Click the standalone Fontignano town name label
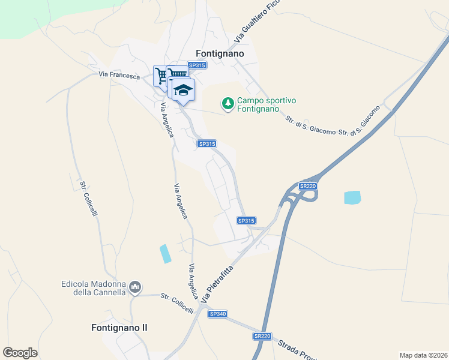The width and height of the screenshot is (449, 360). tap(220, 53)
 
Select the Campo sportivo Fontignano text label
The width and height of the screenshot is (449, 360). tap(259, 104)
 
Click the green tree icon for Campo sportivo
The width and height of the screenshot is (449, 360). tap(228, 104)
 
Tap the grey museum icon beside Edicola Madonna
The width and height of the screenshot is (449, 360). tap(135, 288)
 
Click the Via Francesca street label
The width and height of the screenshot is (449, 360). tap(119, 76)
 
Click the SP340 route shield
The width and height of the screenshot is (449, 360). tap(217, 314)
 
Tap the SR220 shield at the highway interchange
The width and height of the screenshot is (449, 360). tap(307, 186)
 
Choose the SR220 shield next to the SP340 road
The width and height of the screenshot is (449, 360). tap(262, 336)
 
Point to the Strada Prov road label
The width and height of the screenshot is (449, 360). tap(300, 349)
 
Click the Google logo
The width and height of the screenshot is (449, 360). tap(20, 352)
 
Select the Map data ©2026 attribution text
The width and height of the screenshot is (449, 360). tap(423, 355)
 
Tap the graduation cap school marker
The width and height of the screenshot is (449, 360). tap(184, 90)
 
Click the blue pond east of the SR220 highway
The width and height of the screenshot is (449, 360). tap(352, 197)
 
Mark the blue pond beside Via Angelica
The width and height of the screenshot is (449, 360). tap(164, 253)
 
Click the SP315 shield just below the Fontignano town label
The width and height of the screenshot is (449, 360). tap(196, 65)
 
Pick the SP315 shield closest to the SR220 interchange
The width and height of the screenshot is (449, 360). tap(246, 221)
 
